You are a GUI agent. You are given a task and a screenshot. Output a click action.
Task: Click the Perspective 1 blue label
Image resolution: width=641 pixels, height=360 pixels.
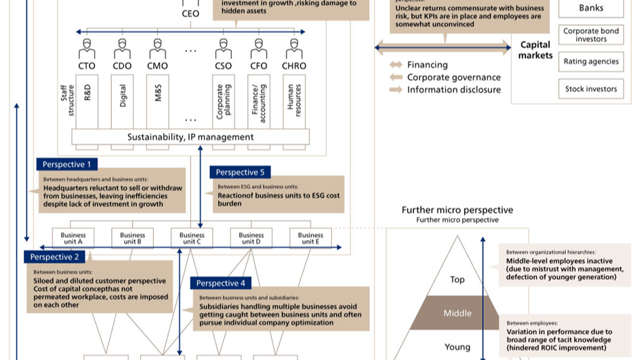[67, 164]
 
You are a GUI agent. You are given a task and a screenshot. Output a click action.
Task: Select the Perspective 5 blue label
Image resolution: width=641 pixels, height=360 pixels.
[240, 172]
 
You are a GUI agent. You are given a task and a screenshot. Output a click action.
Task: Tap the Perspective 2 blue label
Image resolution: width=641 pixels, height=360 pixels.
[55, 257]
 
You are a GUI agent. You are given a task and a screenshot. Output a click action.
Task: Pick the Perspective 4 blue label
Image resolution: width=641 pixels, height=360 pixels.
[221, 283]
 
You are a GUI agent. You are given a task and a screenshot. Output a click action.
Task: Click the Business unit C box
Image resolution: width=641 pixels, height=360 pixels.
[192, 239]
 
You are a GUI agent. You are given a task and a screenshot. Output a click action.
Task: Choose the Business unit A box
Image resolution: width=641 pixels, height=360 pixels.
[73, 239]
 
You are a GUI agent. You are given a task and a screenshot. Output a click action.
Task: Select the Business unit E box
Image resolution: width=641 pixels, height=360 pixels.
[310, 239]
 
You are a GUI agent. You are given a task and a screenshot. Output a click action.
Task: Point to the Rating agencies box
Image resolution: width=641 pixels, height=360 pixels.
[591, 61]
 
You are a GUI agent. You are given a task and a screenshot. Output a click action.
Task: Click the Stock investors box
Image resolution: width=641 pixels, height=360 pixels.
[591, 89]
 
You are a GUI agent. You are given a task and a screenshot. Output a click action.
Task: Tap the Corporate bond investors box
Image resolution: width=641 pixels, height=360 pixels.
[591, 35]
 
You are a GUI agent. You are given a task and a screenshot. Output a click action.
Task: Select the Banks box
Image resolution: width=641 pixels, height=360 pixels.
[591, 9]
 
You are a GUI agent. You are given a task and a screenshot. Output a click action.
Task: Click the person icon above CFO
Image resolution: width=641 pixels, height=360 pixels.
[259, 48]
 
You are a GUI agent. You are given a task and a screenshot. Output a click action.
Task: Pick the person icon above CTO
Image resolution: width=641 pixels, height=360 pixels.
[86, 48]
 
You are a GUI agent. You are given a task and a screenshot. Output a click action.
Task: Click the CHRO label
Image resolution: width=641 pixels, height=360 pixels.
[295, 66]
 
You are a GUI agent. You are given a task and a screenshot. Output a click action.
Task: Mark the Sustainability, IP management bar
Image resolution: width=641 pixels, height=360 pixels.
[190, 137]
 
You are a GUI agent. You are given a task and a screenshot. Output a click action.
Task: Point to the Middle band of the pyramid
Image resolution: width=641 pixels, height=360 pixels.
[457, 313]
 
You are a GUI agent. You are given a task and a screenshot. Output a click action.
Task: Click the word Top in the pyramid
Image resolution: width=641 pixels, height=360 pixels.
[457, 279]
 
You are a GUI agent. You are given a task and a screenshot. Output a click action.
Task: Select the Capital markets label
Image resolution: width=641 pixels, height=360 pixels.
[535, 50]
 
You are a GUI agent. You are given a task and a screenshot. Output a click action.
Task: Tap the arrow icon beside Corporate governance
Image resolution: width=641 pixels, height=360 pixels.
[396, 77]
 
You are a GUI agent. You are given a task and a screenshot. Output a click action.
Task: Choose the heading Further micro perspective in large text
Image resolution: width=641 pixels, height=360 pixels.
[457, 210]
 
